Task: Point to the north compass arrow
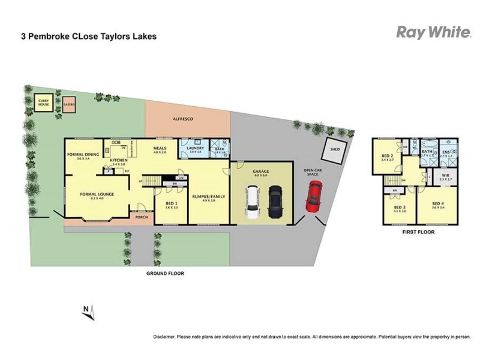pos(88,310)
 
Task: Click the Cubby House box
pos(43,103)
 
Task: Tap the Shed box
pos(331,150)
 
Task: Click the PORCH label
pos(142,218)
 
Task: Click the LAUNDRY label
pos(196,148)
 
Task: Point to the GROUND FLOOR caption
pos(165,273)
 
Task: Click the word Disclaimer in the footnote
pos(166,337)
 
